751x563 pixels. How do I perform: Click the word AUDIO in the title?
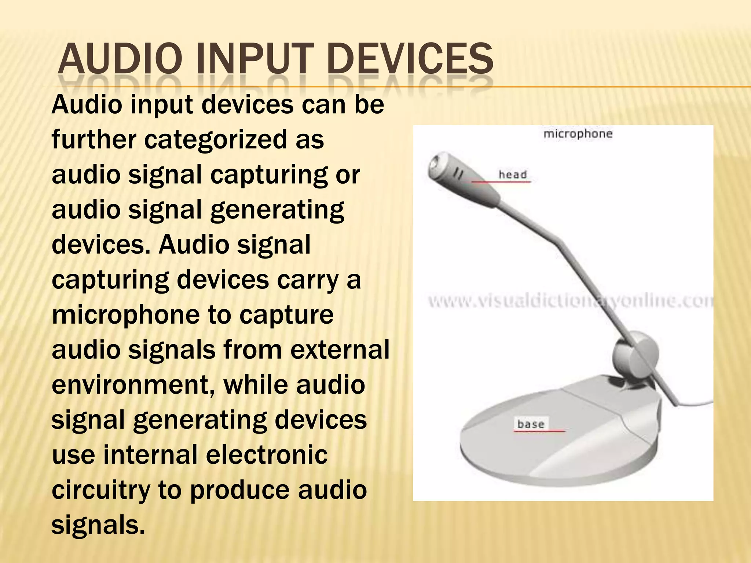(119, 59)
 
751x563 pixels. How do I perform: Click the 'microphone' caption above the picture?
(578, 134)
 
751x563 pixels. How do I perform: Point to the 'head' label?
(512, 174)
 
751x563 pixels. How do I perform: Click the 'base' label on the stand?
(531, 424)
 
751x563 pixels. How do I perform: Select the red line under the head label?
(501, 181)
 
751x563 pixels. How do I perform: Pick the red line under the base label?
(539, 431)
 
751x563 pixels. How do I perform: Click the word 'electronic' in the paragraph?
(267, 455)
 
